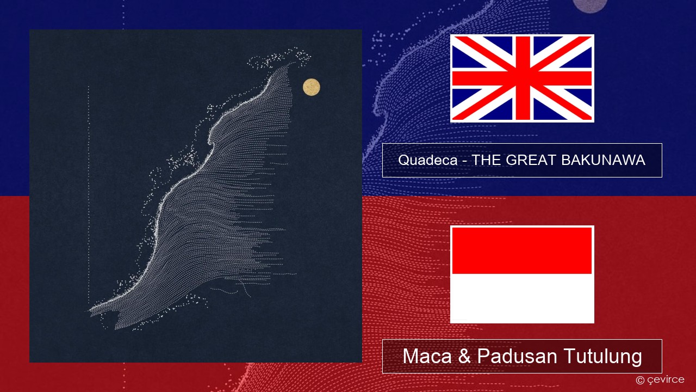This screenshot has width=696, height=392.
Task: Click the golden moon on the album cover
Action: click(312, 87)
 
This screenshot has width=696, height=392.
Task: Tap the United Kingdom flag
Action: click(522, 78)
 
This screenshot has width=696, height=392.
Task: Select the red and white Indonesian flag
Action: click(522, 274)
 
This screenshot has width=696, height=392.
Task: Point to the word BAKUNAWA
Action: click(603, 160)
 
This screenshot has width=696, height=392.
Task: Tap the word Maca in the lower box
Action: click(427, 356)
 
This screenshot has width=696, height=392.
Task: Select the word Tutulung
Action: click(602, 356)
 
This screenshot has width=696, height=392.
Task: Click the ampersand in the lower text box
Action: click(464, 356)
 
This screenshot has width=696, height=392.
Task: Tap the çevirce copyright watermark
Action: click(660, 379)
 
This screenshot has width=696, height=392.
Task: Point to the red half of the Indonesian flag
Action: click(522, 250)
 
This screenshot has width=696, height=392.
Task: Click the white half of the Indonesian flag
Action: click(522, 297)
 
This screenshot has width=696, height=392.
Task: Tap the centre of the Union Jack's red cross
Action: click(523, 78)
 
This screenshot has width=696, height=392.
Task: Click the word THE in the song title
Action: click(487, 160)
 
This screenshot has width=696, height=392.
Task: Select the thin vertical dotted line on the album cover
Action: click(89, 196)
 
